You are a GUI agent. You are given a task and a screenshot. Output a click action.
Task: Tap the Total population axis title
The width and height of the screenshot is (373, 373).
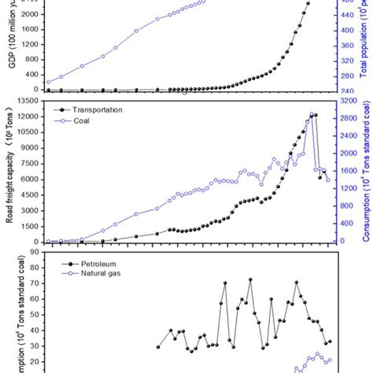[364, 47]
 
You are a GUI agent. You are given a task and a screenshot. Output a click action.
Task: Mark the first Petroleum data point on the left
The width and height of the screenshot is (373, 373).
[158, 347]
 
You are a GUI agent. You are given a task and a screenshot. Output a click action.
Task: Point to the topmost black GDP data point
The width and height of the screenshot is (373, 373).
[308, 3]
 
